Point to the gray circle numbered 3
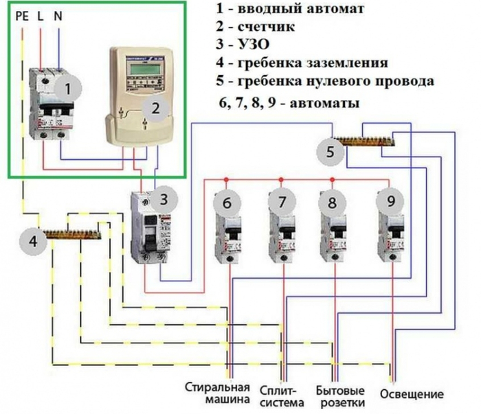tap(163, 200)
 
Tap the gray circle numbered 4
tap(34, 241)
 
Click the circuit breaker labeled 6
tap(227, 230)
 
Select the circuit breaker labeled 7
tap(281, 230)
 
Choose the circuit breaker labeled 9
tap(390, 230)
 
